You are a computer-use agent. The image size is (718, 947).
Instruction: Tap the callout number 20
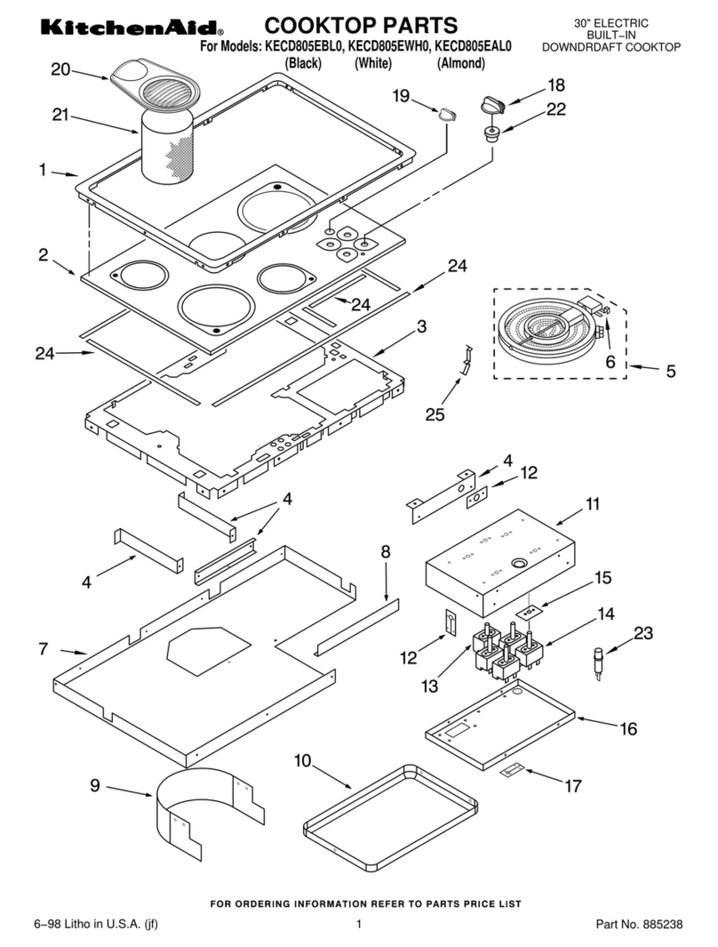pyautogui.click(x=60, y=70)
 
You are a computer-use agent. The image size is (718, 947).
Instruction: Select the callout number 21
pyautogui.click(x=60, y=114)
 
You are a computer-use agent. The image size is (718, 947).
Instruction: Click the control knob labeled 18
pyautogui.click(x=491, y=107)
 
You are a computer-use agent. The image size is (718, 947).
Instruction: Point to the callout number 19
pyautogui.click(x=401, y=95)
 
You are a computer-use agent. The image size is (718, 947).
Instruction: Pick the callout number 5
pyautogui.click(x=671, y=371)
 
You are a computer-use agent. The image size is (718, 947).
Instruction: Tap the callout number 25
pyautogui.click(x=435, y=413)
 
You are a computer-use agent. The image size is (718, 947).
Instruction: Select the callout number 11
pyautogui.click(x=593, y=504)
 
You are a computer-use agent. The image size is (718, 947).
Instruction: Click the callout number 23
pyautogui.click(x=642, y=634)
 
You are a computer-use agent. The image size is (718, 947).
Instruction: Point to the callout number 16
pyautogui.click(x=628, y=728)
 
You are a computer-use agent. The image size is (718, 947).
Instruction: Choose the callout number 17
pyautogui.click(x=574, y=785)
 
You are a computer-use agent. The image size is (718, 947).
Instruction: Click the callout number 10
pyautogui.click(x=302, y=760)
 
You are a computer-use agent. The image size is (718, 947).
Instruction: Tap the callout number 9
pyautogui.click(x=95, y=785)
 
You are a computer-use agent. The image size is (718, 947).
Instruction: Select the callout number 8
pyautogui.click(x=386, y=551)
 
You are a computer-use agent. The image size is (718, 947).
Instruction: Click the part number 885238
pyautogui.click(x=661, y=925)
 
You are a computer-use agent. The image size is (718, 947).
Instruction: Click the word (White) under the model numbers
pyautogui.click(x=372, y=63)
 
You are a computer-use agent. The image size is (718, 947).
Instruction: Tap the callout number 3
pyautogui.click(x=421, y=326)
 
